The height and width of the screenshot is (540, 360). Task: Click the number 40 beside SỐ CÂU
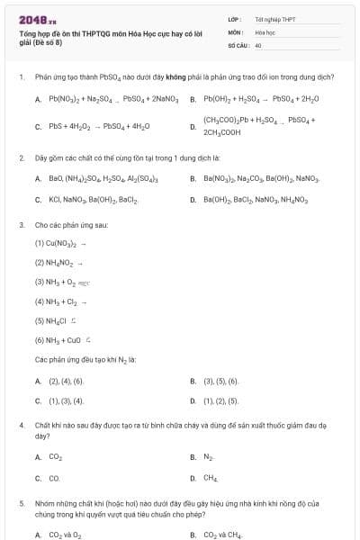tap(258, 44)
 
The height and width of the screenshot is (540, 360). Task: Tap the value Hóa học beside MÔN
tap(265, 31)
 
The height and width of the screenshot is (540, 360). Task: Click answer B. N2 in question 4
tap(208, 458)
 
